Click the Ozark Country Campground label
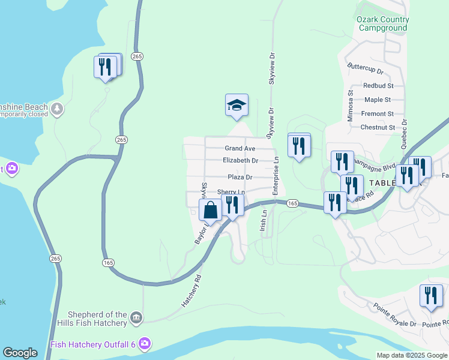coord(382,23)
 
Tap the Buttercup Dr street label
coord(365,71)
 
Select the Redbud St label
coord(378,86)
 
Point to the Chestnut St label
coord(378,127)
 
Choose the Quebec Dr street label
coord(405,130)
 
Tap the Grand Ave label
coord(240,148)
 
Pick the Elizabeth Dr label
coord(240,161)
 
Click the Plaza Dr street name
coord(240,177)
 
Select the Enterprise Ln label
coord(277,176)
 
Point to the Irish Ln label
coord(263,220)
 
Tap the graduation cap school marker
coord(237,106)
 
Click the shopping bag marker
coord(210,211)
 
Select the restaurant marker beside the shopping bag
coord(232,205)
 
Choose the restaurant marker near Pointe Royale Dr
coord(431,296)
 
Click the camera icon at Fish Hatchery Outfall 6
coord(144,344)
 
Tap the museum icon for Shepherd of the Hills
coord(137,317)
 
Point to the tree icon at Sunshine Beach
coord(57,109)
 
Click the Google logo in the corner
coord(20,353)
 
